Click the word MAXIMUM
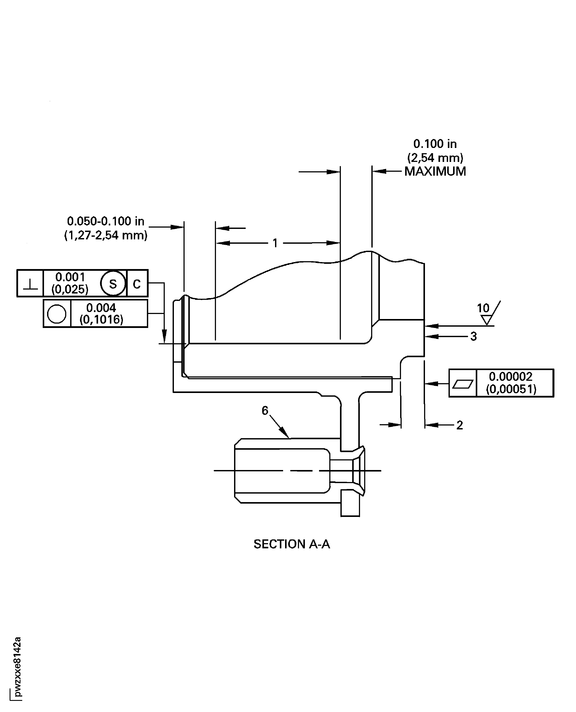pos(435,172)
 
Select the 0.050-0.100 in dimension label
pos(105,221)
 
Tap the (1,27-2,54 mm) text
pos(105,235)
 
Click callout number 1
pos(275,243)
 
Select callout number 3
pos(474,336)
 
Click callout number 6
pos(265,411)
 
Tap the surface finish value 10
pos(483,308)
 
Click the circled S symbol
pos(113,284)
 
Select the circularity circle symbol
pos(57,314)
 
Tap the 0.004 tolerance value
pos(101,308)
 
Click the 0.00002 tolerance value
pos(511,376)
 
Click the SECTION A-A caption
pos(292,544)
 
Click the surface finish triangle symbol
pos(487,320)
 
